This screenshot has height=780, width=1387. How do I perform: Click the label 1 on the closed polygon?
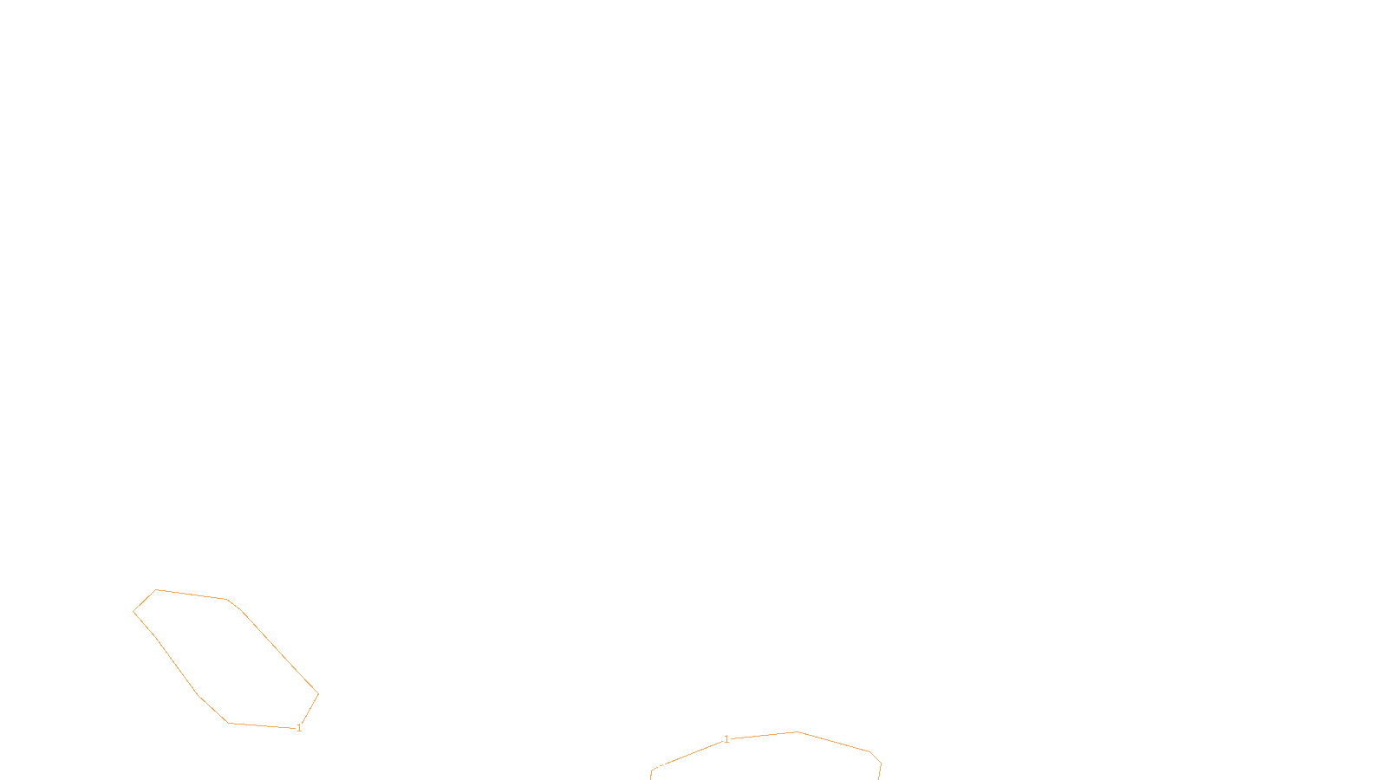point(299,728)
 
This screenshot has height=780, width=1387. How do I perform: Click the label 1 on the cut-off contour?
point(726,739)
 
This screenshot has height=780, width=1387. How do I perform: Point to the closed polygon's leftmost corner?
point(133,612)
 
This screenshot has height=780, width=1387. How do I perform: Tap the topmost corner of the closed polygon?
point(156,590)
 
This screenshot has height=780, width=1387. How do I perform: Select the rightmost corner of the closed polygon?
point(318,694)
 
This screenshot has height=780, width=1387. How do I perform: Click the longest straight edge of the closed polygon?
point(279,652)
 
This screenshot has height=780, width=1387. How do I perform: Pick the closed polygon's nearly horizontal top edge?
point(192,595)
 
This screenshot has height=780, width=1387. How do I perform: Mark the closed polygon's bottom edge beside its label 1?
point(262,725)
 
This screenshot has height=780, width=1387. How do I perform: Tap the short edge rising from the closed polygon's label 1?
point(310,708)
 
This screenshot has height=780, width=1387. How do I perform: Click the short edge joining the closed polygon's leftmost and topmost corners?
point(144,601)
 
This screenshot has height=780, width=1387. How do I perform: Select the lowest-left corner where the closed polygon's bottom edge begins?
point(229,723)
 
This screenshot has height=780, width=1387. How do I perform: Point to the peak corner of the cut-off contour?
point(797,731)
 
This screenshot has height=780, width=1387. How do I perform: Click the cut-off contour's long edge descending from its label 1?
point(693,753)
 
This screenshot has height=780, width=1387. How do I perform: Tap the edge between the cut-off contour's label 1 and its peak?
point(764,735)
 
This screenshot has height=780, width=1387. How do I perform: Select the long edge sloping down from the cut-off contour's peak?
point(833,742)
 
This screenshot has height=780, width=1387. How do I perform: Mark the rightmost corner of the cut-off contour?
point(881,764)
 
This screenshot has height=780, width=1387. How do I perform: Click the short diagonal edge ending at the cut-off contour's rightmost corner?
point(876,757)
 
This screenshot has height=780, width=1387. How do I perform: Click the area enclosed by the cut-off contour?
point(768,760)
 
